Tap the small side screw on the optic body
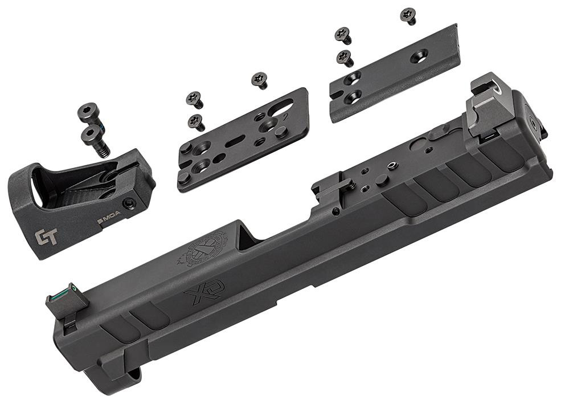(x=133, y=202)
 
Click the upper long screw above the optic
(x=87, y=114)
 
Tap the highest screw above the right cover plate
(x=408, y=15)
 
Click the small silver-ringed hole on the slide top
(x=392, y=166)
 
